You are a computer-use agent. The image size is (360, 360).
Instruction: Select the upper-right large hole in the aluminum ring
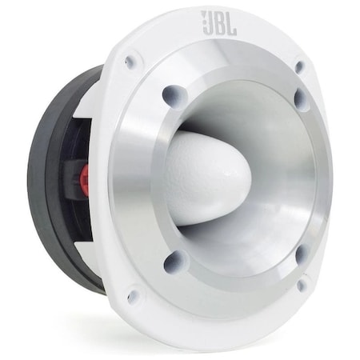pos(301,99)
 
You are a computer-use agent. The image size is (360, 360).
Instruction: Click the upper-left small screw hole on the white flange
pos(130,62)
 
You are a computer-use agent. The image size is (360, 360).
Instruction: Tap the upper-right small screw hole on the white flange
pos(300,67)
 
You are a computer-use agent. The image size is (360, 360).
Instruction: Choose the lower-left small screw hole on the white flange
pos(132,296)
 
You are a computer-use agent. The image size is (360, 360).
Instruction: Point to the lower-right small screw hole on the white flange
pos(302,284)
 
